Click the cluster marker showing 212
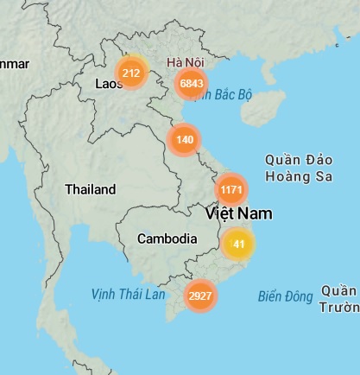pos(131,73)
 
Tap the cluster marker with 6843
pos(190,84)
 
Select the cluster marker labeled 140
pos(184,139)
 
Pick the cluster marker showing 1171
pos(231,189)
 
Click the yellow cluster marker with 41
pos(238,245)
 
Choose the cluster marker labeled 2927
pos(199,296)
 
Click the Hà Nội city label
pos(186,62)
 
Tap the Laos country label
pos(110,84)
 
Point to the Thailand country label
pos(90,189)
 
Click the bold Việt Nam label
pos(239,213)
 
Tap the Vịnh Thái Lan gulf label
pos(128,295)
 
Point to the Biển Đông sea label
pos(285,296)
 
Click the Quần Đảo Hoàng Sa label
pos(299,168)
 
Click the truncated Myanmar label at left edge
pos(15,64)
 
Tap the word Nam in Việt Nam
pos(256,213)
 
